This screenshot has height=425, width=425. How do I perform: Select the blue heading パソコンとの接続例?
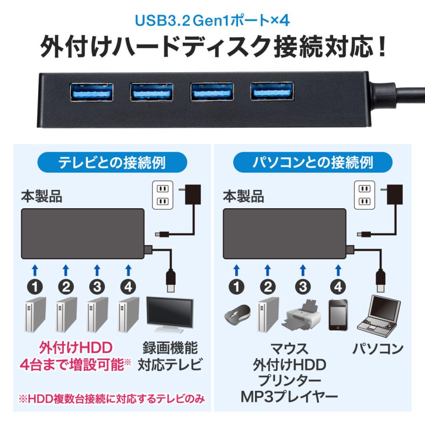tap(312, 163)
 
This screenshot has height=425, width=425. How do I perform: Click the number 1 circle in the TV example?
tap(34, 286)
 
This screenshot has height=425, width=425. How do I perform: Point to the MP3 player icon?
tap(338, 314)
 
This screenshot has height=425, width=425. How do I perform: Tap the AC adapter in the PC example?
tap(392, 194)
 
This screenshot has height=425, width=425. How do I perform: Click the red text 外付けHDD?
tap(76, 348)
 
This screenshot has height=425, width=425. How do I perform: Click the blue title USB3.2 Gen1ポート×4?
tap(212, 22)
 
